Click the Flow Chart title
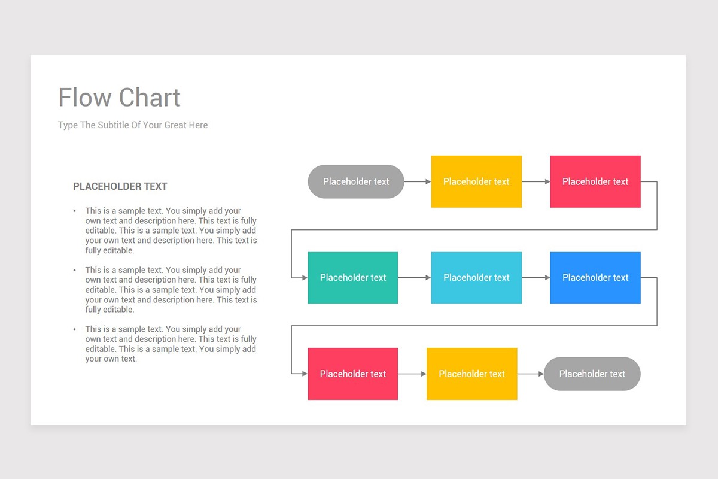pos(119,98)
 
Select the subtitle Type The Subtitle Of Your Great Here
pos(133,125)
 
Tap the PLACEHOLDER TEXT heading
pos(120,186)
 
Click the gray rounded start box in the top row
pos(356,181)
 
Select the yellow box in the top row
pos(476,181)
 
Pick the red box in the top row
pos(595,181)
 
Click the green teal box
pos(353,278)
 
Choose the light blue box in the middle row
pos(476,278)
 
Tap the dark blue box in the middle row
pos(595,278)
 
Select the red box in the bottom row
pos(353,374)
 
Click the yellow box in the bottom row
pos(471,374)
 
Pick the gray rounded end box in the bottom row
pos(592,374)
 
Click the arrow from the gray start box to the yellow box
pos(418,181)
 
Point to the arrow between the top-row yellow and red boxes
pos(536,181)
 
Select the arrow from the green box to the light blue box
pos(415,278)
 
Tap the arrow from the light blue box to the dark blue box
pos(536,278)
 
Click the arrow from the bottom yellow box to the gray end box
pos(531,374)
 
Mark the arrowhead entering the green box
pos(305,278)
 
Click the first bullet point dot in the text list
pos(75,211)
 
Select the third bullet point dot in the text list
pos(75,329)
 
